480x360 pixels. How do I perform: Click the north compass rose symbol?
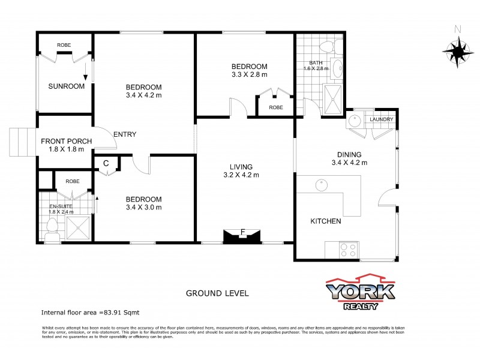(x=458, y=49)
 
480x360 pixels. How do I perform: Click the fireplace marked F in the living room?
(x=242, y=235)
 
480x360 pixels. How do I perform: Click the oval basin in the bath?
(x=337, y=69)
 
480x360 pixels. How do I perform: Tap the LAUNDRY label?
(x=382, y=119)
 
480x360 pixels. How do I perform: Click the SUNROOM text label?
(x=66, y=86)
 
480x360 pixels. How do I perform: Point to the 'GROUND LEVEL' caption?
(x=217, y=293)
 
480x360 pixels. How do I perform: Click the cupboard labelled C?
(x=106, y=163)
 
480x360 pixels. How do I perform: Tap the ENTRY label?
(x=125, y=134)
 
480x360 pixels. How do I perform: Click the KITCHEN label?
(x=325, y=221)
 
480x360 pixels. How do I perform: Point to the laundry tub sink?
(x=356, y=119)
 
